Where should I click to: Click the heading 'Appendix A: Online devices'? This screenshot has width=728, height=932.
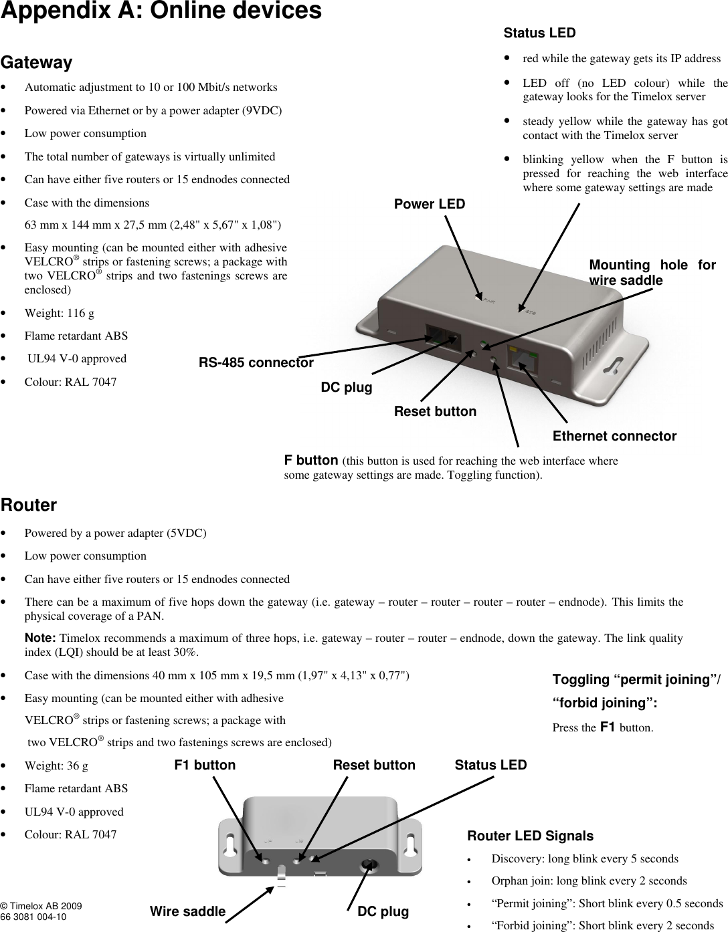[x=161, y=12]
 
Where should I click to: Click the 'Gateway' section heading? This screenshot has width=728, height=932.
[x=37, y=63]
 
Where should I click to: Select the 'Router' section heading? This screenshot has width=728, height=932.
[x=29, y=505]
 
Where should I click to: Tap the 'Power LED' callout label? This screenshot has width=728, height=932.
[x=429, y=204]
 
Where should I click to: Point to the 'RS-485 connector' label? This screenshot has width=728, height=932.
[x=256, y=363]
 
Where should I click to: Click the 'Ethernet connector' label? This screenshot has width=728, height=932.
[x=614, y=437]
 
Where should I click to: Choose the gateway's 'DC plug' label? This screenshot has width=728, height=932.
[x=347, y=388]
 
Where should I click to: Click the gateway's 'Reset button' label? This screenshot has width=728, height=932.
[x=435, y=411]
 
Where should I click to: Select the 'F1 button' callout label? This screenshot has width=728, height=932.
[x=205, y=765]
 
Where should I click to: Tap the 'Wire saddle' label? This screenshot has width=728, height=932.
[x=187, y=911]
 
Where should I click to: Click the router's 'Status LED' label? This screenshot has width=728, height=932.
[x=490, y=765]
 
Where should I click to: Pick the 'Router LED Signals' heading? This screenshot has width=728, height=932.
[x=530, y=836]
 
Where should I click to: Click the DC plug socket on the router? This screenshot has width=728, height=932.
[x=367, y=865]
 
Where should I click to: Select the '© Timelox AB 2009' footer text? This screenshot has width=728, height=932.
[x=41, y=906]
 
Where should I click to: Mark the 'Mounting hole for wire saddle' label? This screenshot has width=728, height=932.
[x=652, y=273]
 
